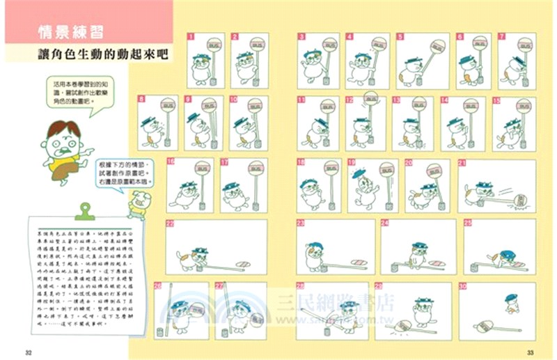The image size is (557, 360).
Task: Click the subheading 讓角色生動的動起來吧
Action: pos(104,54)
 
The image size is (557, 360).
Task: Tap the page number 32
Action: pos(28,350)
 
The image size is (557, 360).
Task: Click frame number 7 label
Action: pos(501,36)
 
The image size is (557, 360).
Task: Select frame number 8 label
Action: pos(141,99)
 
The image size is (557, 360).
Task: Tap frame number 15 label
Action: pos(496,100)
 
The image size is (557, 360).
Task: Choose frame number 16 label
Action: pos(171,162)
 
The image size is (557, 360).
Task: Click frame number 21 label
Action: pos(462,162)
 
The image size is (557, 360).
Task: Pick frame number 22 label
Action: pos(169,223)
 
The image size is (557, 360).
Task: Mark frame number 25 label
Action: pos(468,223)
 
